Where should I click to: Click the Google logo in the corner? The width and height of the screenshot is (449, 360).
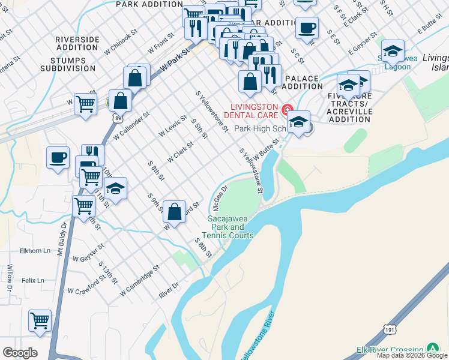pos(19,352)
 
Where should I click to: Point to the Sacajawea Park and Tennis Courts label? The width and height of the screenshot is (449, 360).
pos(231,227)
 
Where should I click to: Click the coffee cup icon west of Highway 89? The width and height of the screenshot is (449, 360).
pos(58,158)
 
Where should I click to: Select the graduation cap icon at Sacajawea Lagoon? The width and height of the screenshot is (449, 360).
pos(393,52)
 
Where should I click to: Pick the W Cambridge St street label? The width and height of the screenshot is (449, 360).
pos(139,281)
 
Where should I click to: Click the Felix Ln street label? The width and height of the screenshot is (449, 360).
pos(34,280)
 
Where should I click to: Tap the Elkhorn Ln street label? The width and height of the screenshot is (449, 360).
pos(34,251)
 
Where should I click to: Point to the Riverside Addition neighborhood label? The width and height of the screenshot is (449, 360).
pos(77,43)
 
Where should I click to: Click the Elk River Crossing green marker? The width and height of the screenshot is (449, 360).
pos(432,349)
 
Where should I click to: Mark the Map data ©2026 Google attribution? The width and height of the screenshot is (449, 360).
pos(412,355)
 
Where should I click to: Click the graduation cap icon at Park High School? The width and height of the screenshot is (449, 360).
pos(298,123)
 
